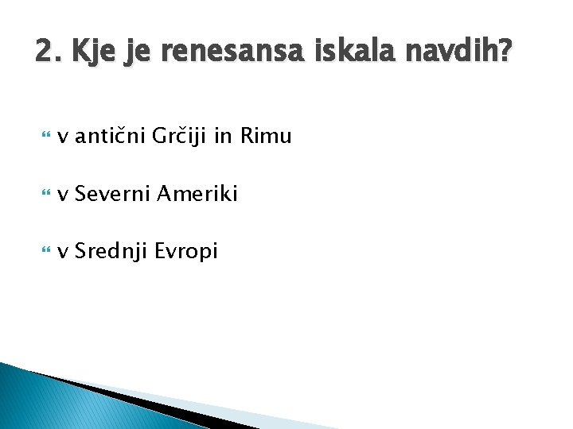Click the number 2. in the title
click(48, 52)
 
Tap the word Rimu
click(266, 137)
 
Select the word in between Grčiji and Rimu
click(224, 137)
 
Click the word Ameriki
click(197, 194)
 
